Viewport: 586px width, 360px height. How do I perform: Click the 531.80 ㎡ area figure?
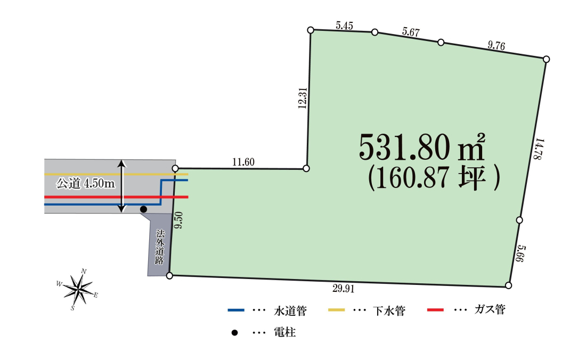pyautogui.click(x=422, y=147)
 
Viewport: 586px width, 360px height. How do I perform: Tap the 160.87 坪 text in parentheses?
pyautogui.click(x=434, y=178)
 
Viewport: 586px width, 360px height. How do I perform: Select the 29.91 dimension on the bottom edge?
pyautogui.click(x=343, y=289)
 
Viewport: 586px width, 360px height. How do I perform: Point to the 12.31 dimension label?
pyautogui.click(x=303, y=98)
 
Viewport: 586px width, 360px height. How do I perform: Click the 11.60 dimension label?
pyautogui.click(x=243, y=162)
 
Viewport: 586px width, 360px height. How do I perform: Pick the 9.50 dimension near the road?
pyautogui.click(x=178, y=220)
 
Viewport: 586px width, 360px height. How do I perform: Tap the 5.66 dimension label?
pyautogui.click(x=520, y=253)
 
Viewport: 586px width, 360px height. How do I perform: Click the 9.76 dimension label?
pyautogui.click(x=497, y=45)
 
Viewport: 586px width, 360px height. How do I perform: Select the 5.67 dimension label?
pyautogui.click(x=411, y=32)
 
